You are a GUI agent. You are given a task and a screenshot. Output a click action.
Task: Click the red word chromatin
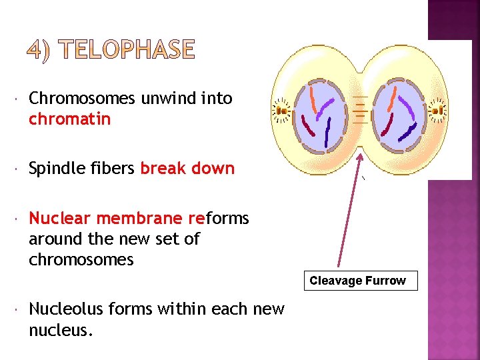[69, 119]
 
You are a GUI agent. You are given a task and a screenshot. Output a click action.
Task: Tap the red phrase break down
[187, 168]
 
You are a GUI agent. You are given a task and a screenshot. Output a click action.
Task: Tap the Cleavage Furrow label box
[357, 281]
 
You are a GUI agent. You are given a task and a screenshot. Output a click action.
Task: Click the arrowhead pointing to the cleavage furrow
[361, 158]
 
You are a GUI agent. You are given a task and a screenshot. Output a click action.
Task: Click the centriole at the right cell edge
[438, 111]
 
